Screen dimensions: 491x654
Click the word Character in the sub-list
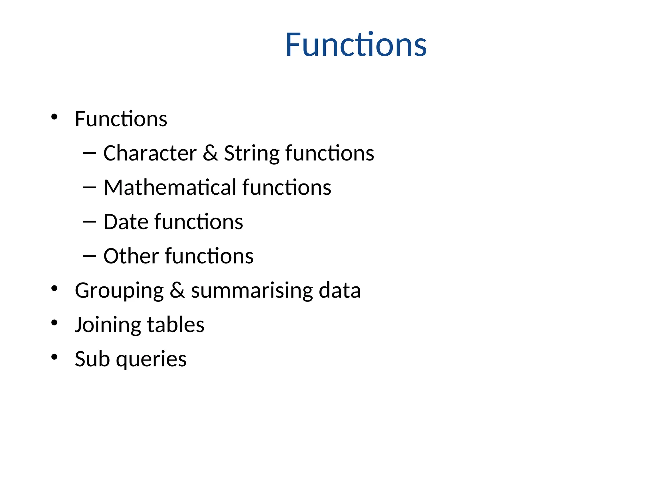tap(150, 153)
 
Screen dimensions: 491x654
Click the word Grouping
tap(119, 291)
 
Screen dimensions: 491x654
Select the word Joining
tap(108, 325)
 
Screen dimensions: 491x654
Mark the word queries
tap(151, 359)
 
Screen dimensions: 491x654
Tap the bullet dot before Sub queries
tap(54, 357)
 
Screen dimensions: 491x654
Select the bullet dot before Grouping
tap(54, 288)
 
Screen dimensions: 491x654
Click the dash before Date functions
tap(89, 222)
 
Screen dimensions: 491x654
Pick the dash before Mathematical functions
tap(89, 187)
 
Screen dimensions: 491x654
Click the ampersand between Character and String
tap(210, 153)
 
